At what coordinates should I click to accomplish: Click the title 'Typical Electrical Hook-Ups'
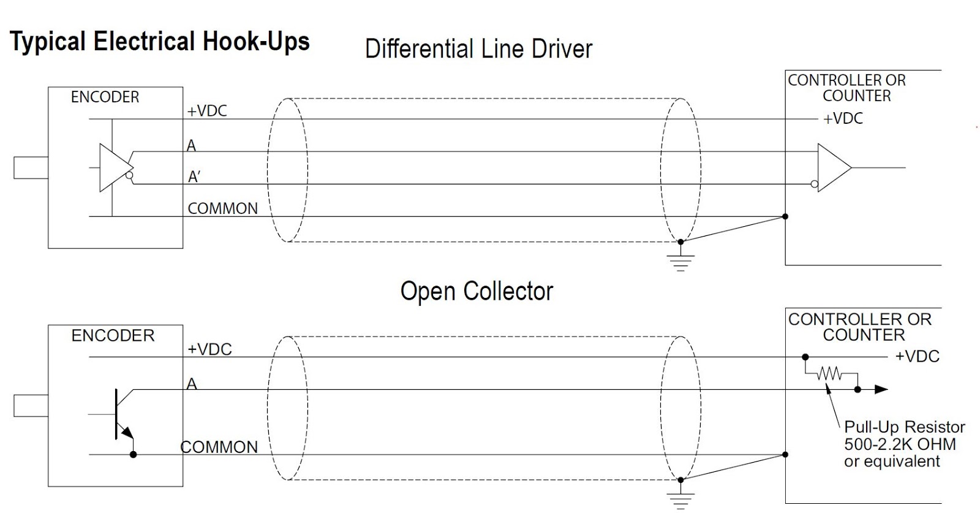click(x=160, y=42)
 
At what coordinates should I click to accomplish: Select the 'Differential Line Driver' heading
click(x=478, y=49)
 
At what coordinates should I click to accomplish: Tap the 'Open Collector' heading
click(x=477, y=292)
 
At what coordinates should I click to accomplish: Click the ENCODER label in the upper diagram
click(x=105, y=97)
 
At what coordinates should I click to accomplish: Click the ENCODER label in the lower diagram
click(x=113, y=335)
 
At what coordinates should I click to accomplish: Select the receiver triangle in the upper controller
click(x=833, y=167)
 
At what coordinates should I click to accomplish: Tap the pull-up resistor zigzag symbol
click(x=829, y=373)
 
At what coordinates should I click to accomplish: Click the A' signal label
click(x=194, y=177)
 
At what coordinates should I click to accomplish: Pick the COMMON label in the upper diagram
click(x=222, y=208)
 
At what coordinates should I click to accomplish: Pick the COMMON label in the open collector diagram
click(x=219, y=447)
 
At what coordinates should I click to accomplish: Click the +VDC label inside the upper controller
click(x=843, y=118)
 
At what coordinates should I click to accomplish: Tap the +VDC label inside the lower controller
click(x=917, y=356)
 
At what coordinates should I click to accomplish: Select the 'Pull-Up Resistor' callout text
click(x=904, y=427)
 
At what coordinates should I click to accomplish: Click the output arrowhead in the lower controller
click(x=881, y=389)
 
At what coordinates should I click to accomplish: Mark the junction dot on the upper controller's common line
click(x=785, y=216)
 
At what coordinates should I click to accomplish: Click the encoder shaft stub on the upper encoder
click(x=31, y=168)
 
